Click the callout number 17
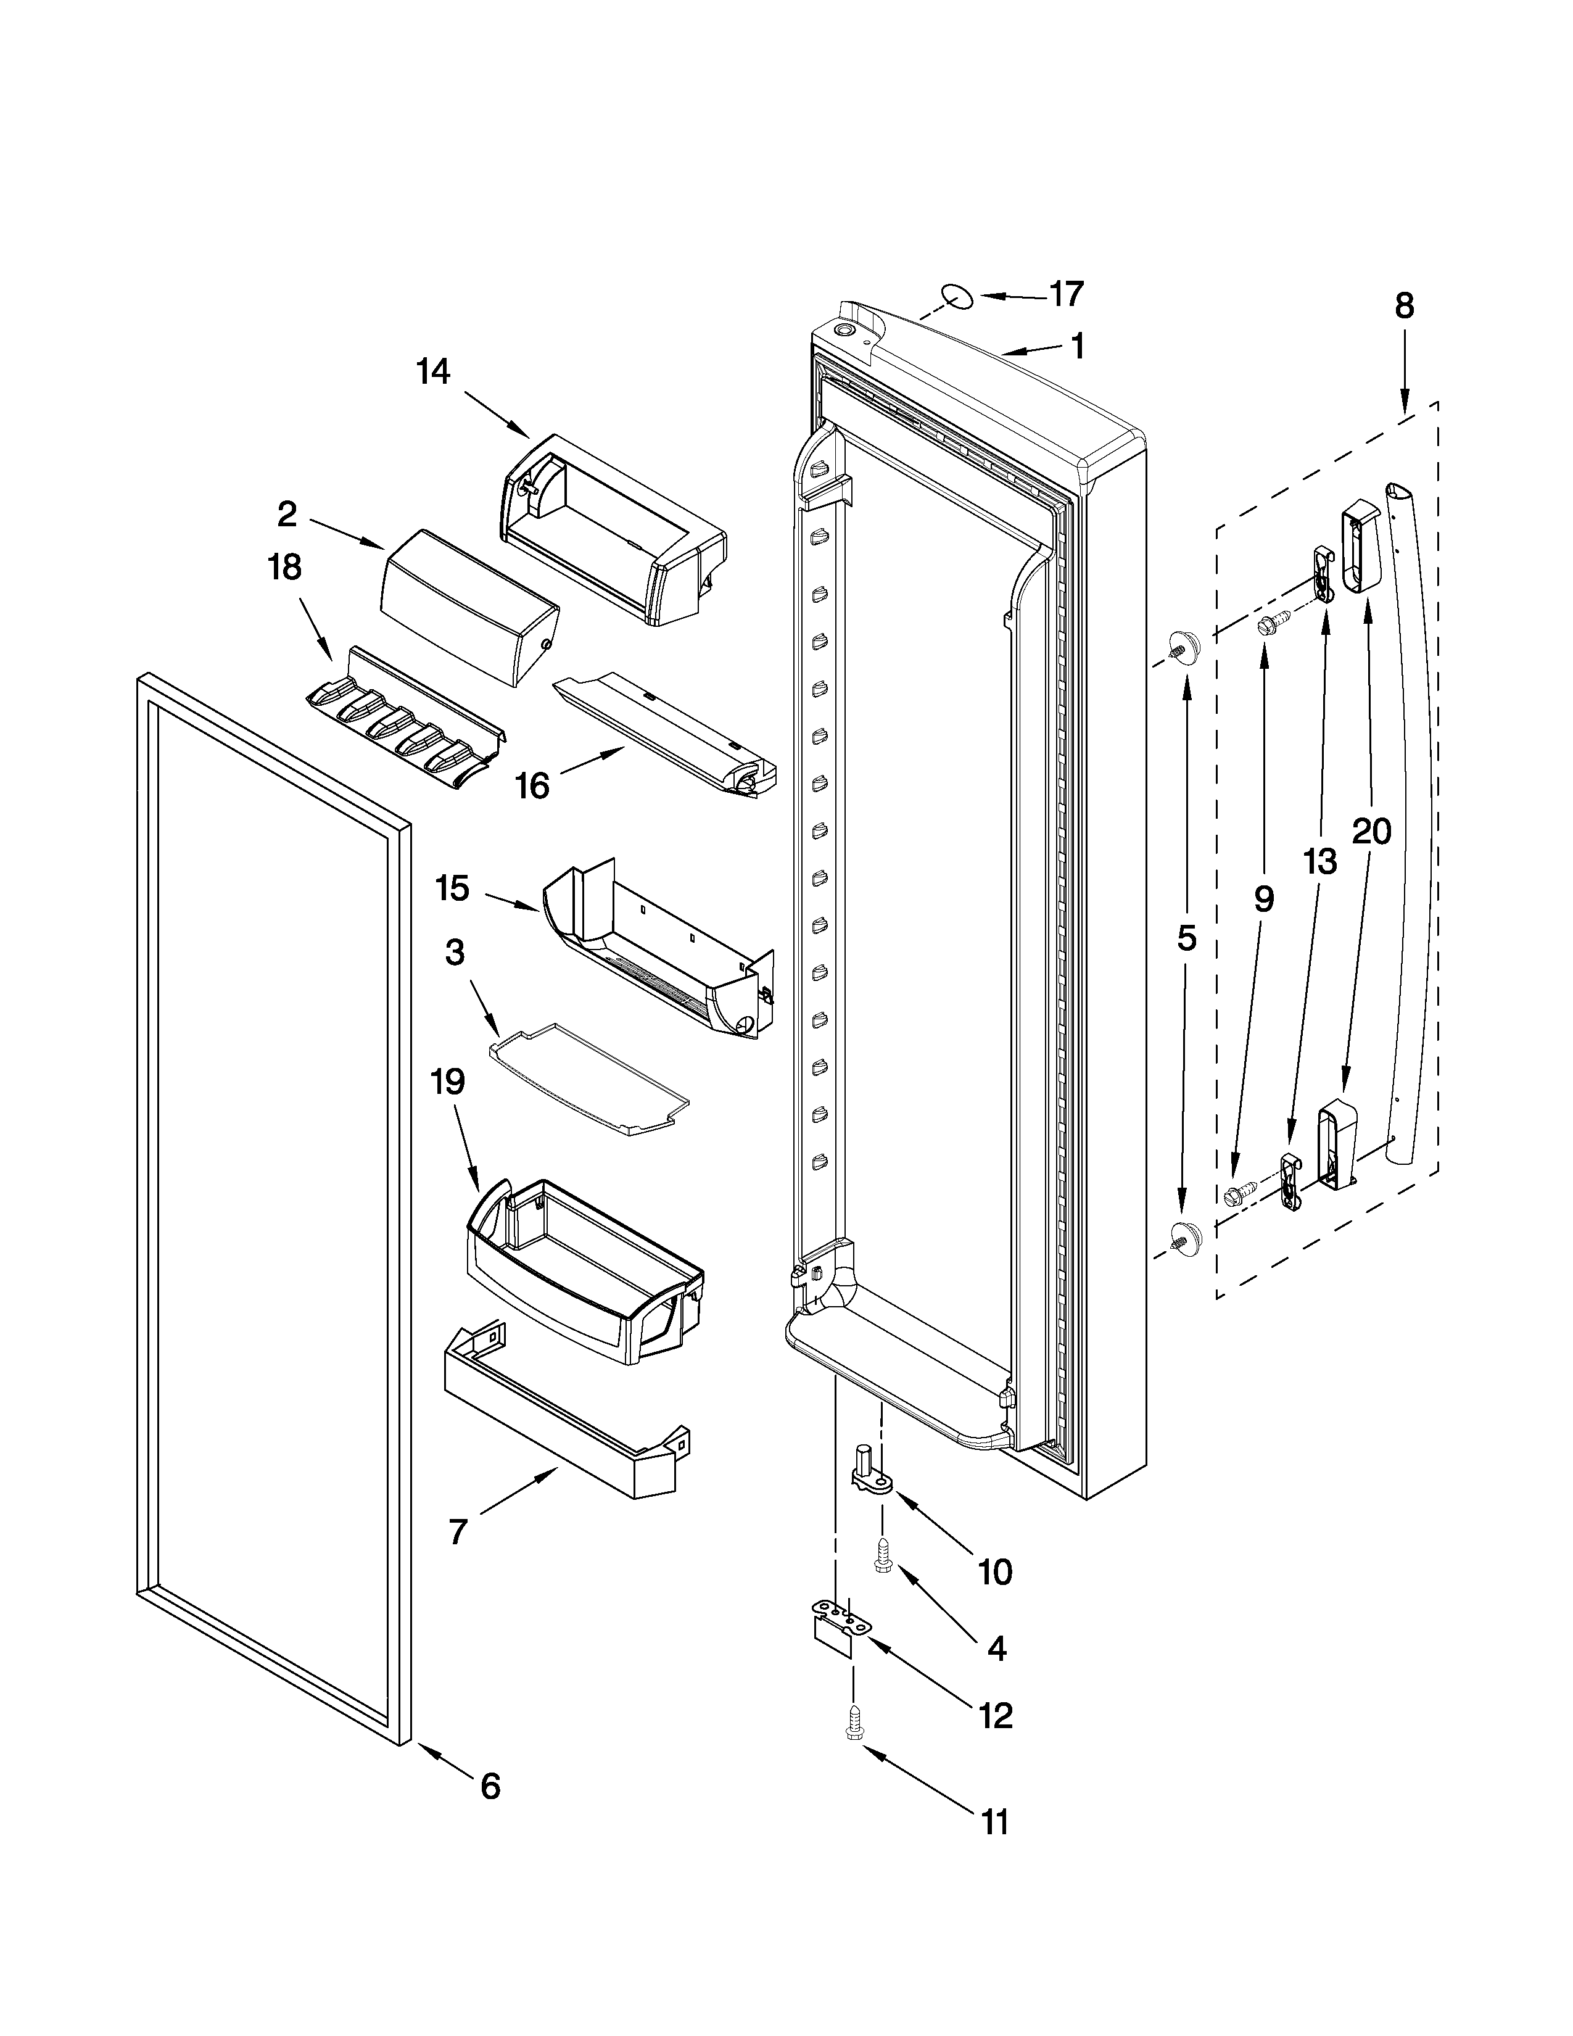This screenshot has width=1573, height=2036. point(1067,294)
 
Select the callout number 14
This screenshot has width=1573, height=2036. point(433,372)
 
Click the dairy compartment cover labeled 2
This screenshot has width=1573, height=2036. point(469,608)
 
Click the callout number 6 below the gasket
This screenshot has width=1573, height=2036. point(490,1786)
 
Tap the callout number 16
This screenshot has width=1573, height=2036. point(532,786)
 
